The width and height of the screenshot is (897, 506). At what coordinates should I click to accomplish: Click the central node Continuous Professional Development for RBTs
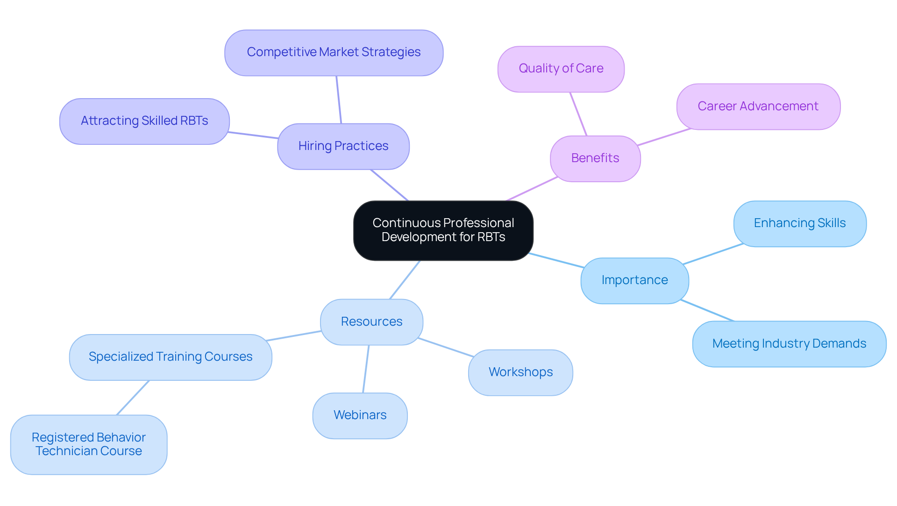pyautogui.click(x=443, y=230)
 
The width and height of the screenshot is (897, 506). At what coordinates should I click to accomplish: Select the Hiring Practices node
pyautogui.click(x=343, y=146)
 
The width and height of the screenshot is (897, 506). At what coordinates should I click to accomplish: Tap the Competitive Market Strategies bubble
pyautogui.click(x=334, y=52)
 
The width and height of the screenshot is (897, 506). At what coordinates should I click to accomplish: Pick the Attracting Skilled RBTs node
pyautogui.click(x=144, y=121)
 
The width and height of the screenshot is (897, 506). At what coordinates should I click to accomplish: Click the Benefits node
pyautogui.click(x=595, y=158)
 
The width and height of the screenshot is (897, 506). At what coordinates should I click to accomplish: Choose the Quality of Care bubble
pyautogui.click(x=561, y=69)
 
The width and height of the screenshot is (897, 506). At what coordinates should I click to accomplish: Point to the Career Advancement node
pyautogui.click(x=758, y=107)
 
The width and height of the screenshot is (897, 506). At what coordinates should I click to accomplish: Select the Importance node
pyautogui.click(x=634, y=280)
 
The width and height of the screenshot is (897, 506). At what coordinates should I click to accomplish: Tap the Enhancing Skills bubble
pyautogui.click(x=799, y=223)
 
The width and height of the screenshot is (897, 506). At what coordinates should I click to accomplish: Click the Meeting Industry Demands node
pyautogui.click(x=789, y=344)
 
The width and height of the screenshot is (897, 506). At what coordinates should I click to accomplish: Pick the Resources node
pyautogui.click(x=371, y=322)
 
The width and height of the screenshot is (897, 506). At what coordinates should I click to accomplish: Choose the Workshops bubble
pyautogui.click(x=520, y=372)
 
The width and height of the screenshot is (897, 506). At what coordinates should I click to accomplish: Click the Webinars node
pyautogui.click(x=360, y=415)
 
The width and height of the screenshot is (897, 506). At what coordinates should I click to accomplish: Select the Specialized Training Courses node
pyautogui.click(x=171, y=357)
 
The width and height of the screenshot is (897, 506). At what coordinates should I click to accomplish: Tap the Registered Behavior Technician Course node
pyautogui.click(x=89, y=444)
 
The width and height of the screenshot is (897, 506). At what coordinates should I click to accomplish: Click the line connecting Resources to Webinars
pyautogui.click(x=366, y=369)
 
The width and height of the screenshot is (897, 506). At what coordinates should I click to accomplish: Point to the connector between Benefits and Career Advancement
pyautogui.click(x=664, y=137)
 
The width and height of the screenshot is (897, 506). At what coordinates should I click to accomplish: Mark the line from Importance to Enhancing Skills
pyautogui.click(x=712, y=254)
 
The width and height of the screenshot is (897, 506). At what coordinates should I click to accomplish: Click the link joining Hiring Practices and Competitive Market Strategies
pyautogui.click(x=339, y=100)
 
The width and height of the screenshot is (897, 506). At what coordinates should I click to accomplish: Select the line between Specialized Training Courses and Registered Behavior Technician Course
pyautogui.click(x=133, y=398)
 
